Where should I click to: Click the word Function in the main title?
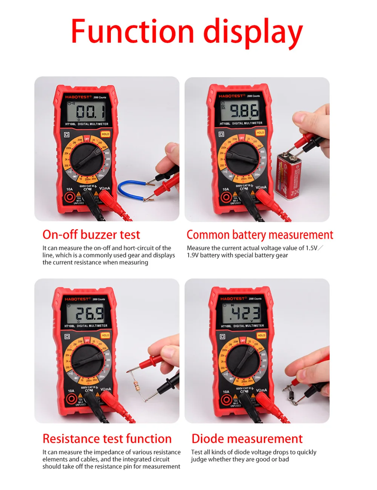pos(132,31)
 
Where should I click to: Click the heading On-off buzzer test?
pos(91,234)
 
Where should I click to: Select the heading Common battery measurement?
pos(260,235)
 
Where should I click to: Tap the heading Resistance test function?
pos(107,439)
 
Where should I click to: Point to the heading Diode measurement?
pos(247,439)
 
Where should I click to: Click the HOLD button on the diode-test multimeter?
pos(261,335)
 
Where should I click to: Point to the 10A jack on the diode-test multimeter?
pos(226,400)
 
